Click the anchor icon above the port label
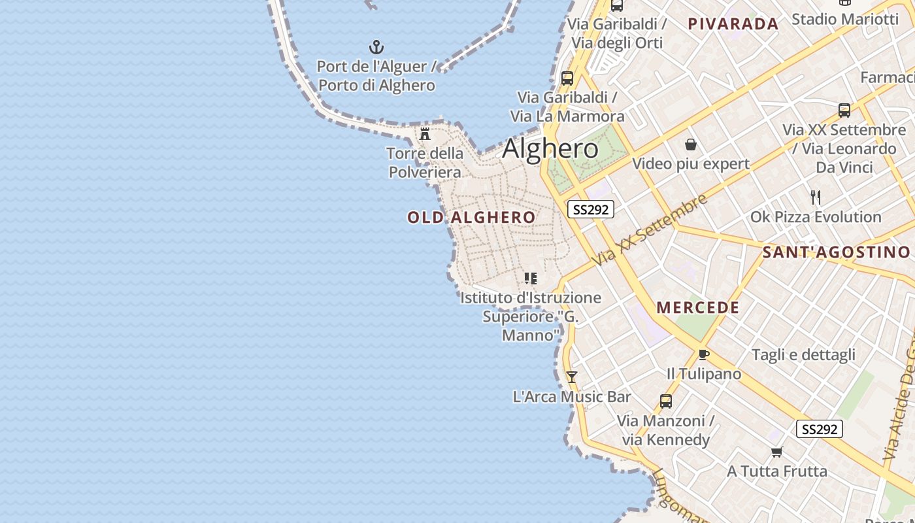point(376,47)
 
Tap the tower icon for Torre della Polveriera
point(425,134)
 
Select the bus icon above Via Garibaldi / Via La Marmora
point(567,78)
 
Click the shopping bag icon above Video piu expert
point(691,144)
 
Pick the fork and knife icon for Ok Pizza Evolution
point(815,197)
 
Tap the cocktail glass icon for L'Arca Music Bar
point(572,377)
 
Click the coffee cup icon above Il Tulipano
point(703,355)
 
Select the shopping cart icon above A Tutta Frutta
point(777,452)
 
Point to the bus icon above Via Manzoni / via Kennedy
point(666,401)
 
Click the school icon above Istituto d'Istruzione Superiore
point(531,278)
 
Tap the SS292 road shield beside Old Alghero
point(590,209)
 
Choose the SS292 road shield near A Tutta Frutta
point(819,429)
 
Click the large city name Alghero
point(550,149)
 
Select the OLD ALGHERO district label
point(471,217)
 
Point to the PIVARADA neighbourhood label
point(733,24)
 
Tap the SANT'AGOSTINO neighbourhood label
point(837,252)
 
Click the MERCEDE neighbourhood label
point(698,307)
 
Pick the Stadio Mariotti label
point(845,19)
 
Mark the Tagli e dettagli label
point(803,355)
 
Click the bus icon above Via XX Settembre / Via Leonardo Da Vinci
point(844,110)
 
